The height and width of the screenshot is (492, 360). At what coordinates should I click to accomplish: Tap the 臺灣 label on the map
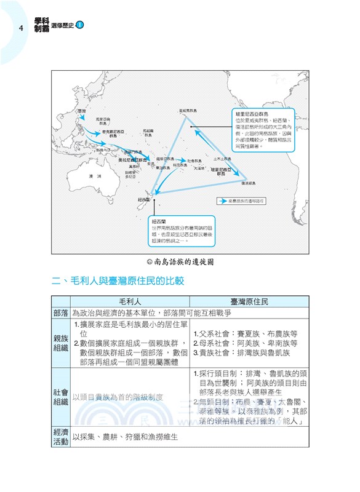click(x=82, y=111)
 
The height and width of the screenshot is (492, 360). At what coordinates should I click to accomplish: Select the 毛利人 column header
click(x=130, y=302)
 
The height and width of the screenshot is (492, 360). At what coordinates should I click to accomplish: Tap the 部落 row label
click(x=61, y=313)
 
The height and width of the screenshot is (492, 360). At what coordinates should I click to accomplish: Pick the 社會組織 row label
click(x=61, y=397)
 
